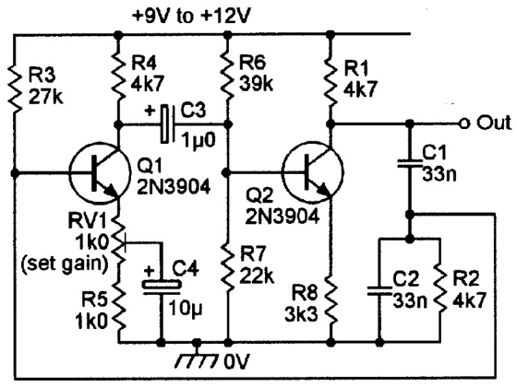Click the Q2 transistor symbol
point(313,171)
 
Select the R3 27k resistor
point(15,88)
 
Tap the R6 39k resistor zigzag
point(227,76)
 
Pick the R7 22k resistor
point(227,266)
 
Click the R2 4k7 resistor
point(439,287)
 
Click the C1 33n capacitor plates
point(410,164)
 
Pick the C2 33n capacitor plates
point(379,290)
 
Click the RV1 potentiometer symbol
point(119,242)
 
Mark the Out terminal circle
point(463,124)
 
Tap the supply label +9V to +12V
point(191,17)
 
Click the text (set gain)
point(65,264)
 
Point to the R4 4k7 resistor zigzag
point(119,76)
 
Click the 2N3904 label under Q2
point(283,217)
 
